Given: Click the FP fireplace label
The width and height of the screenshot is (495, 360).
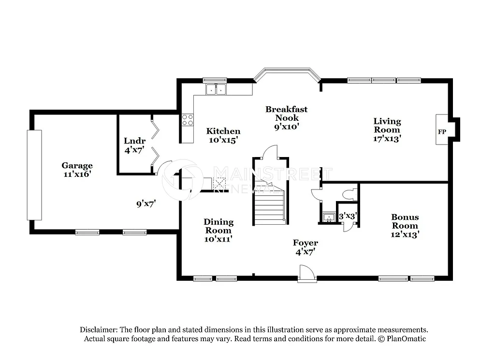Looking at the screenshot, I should (441, 131).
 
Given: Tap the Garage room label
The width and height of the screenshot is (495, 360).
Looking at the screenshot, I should (77, 166).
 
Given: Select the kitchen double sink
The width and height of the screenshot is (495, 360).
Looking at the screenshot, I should (216, 89).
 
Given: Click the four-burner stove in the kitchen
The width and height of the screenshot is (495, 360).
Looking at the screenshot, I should (187, 120).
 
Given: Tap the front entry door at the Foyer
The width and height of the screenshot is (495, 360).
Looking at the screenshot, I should (307, 274).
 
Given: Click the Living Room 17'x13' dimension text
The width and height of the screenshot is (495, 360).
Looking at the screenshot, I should (387, 138).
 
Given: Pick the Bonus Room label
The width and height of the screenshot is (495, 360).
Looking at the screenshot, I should (405, 221).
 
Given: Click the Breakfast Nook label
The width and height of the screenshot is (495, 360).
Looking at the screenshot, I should (286, 114).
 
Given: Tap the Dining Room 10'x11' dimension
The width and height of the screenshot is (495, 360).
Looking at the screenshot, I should (218, 239).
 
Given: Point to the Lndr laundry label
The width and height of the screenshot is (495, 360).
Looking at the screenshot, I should (134, 141).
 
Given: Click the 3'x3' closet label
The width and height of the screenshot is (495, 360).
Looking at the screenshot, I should (347, 216).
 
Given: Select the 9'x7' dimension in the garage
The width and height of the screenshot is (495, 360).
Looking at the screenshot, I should (146, 203).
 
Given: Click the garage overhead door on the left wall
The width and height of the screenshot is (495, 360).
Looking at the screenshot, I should (34, 174).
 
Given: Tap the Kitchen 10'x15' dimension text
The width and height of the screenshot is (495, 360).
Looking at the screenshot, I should (223, 140).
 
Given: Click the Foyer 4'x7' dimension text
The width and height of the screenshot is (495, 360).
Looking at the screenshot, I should (305, 251).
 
